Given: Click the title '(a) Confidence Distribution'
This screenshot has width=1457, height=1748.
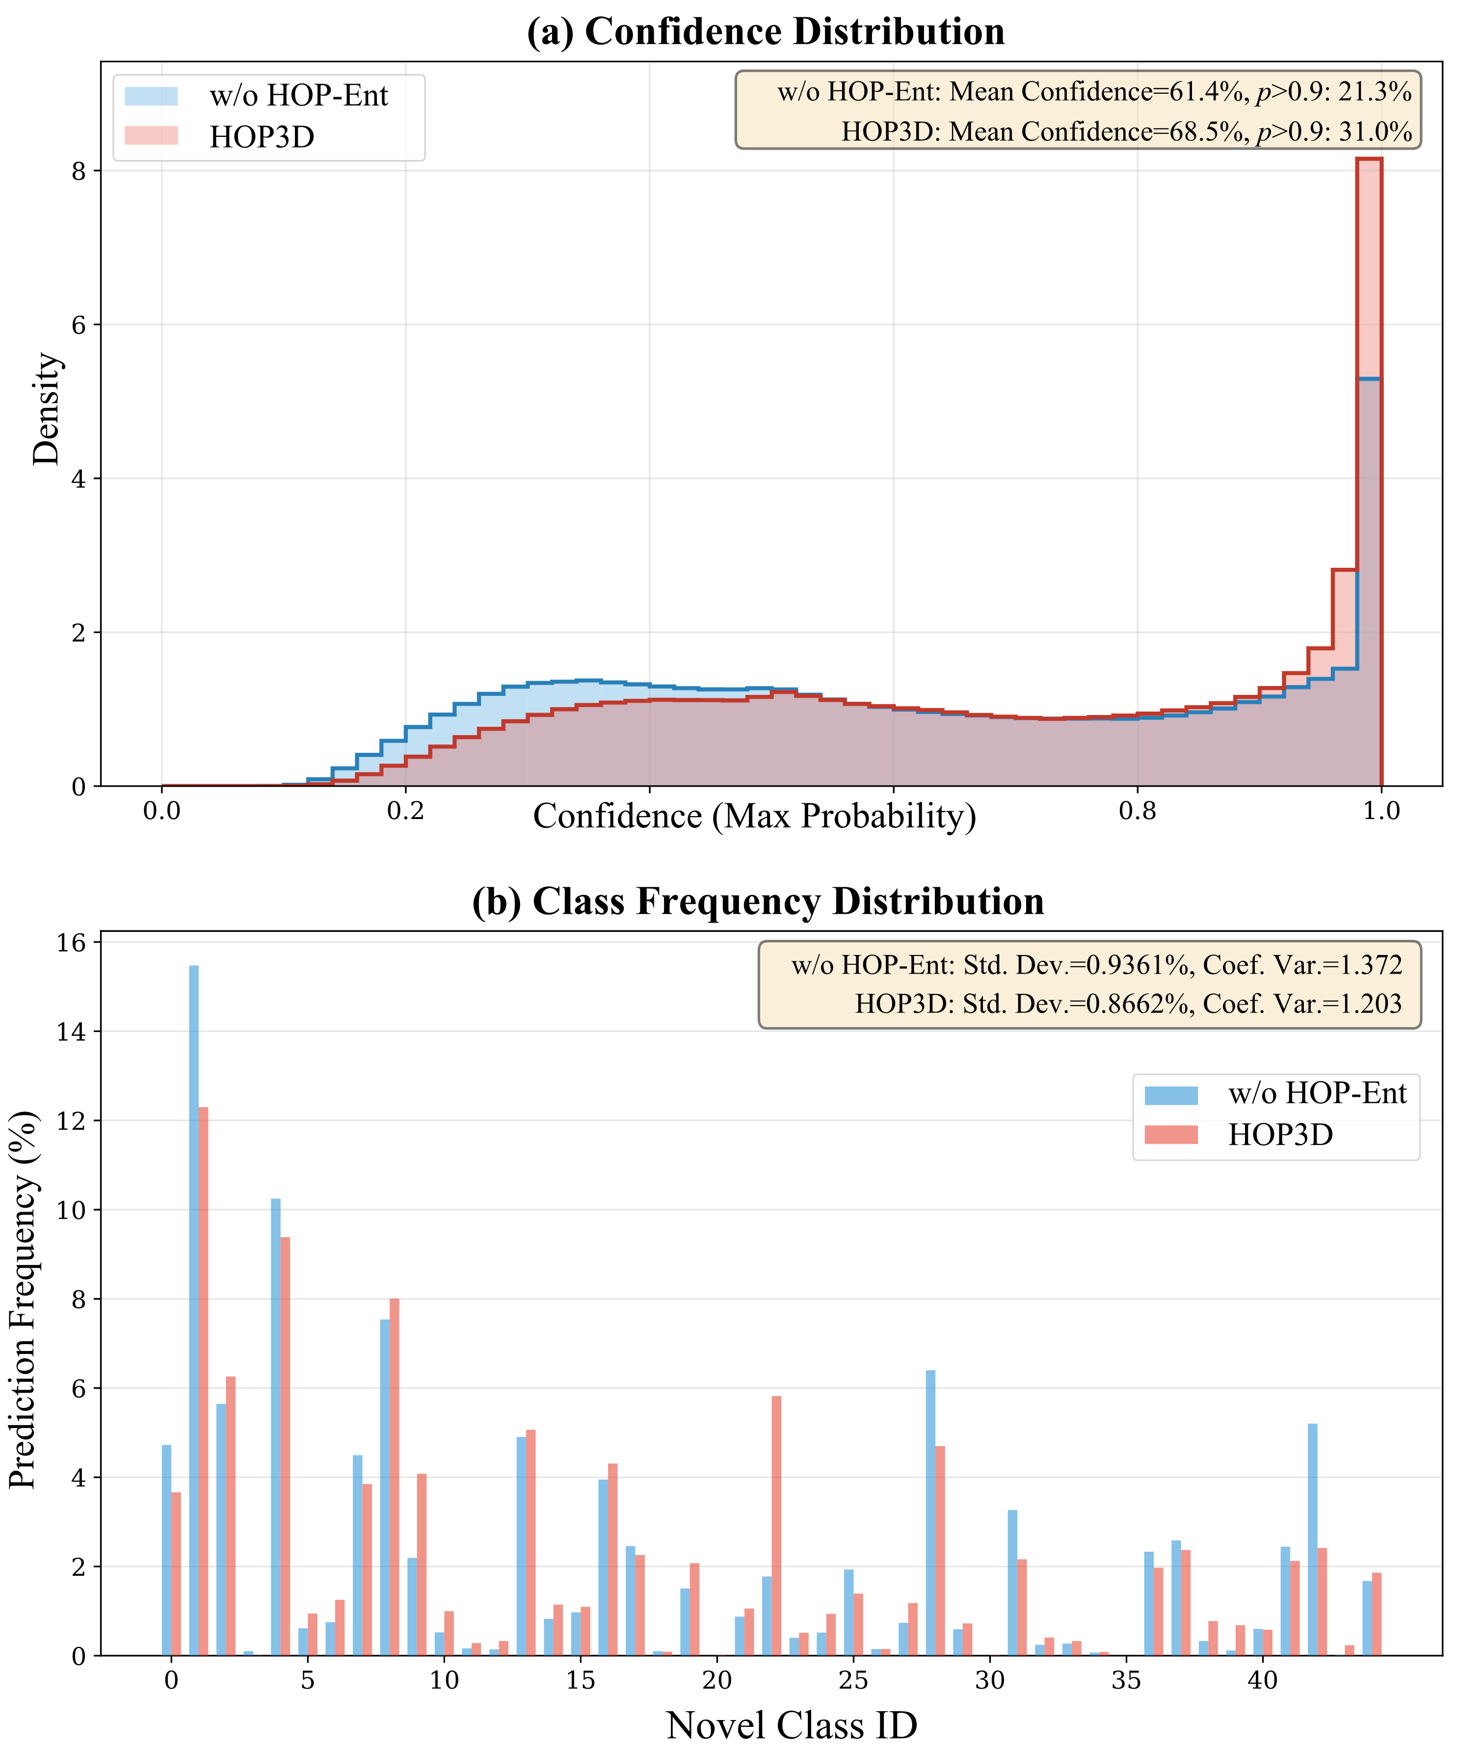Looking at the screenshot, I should pyautogui.click(x=765, y=31).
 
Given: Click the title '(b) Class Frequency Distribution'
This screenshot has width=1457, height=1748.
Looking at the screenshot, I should pyautogui.click(x=758, y=901).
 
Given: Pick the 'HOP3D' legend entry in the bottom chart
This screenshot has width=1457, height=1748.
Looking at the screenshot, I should pyautogui.click(x=1280, y=1135).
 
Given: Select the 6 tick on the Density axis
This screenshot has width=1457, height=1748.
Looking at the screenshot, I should pyautogui.click(x=79, y=325).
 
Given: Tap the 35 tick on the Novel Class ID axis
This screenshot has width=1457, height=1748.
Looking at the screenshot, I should pyautogui.click(x=1126, y=1680).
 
